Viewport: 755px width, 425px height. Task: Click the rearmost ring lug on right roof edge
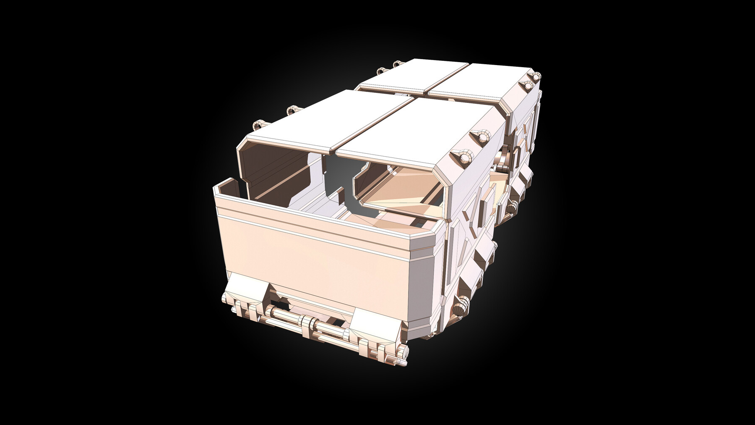(536, 76)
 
